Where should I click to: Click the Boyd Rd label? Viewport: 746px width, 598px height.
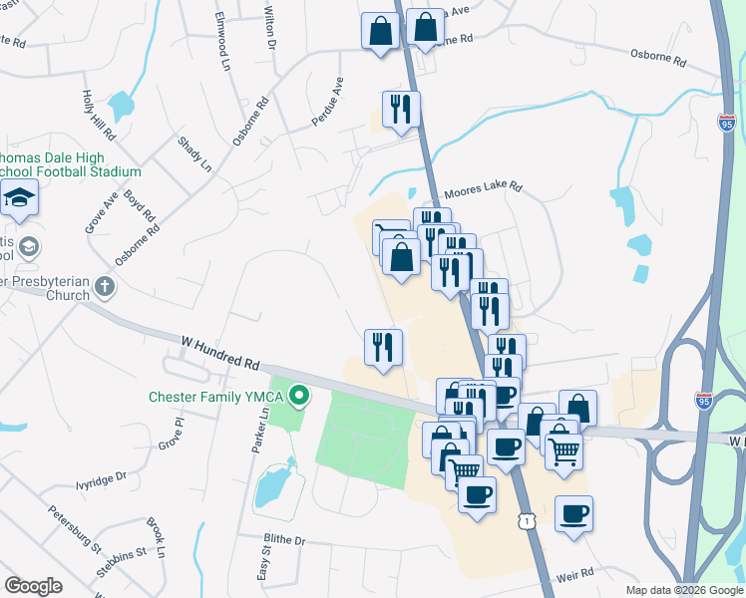click(x=141, y=206)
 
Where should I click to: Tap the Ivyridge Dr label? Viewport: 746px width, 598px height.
click(x=101, y=480)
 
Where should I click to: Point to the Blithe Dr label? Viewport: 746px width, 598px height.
click(x=284, y=540)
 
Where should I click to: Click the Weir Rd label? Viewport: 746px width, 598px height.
click(x=574, y=574)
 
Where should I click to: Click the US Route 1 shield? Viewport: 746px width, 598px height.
click(x=526, y=521)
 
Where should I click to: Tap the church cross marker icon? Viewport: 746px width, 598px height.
click(x=105, y=288)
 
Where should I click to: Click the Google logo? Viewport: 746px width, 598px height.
click(x=33, y=586)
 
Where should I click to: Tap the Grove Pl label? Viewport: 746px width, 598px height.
click(x=173, y=436)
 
